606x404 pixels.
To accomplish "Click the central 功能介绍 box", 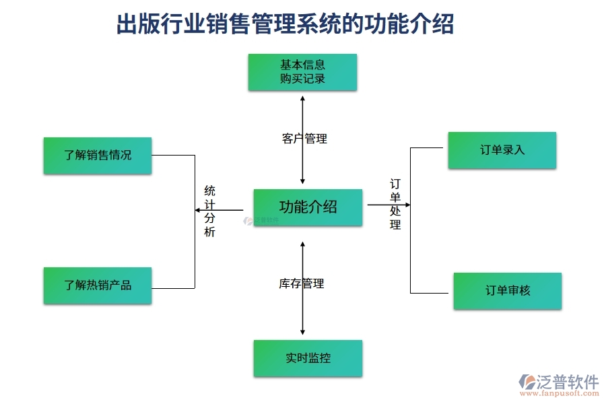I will click(x=308, y=207).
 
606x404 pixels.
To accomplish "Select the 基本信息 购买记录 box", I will click(x=302, y=72).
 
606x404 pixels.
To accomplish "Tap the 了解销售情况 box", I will click(x=98, y=156).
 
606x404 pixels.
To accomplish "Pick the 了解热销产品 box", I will click(x=98, y=285).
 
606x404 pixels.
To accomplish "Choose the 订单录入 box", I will click(x=502, y=150).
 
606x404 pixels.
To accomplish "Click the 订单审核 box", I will click(x=507, y=291).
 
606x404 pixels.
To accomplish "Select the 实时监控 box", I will click(x=308, y=358).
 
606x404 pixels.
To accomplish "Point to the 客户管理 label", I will click(x=304, y=139).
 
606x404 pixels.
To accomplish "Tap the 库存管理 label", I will click(x=302, y=283).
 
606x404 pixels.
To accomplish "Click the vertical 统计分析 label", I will click(x=210, y=211).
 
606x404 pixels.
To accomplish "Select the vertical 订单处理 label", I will click(x=395, y=204).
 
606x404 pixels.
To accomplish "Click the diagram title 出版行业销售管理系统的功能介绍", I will click(x=285, y=24).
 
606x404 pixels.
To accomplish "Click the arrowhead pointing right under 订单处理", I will click(x=407, y=205).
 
